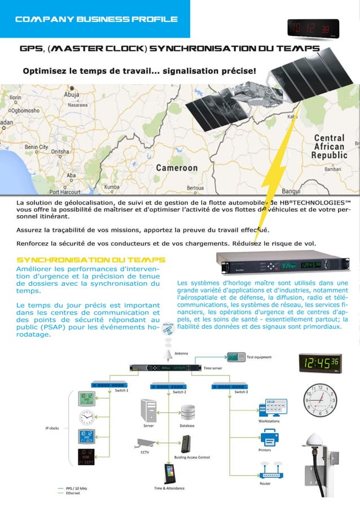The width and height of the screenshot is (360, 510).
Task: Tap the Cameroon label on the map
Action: pyautogui.click(x=177, y=168)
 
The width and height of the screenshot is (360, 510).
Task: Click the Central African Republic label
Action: pyautogui.click(x=330, y=146)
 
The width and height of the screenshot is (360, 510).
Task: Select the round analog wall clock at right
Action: pyautogui.click(x=319, y=399)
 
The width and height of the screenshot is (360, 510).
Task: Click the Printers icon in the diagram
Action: pyautogui.click(x=269, y=437)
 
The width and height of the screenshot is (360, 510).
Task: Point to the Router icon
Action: pyautogui.click(x=269, y=470)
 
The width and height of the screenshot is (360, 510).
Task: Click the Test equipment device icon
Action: pyautogui.click(x=236, y=357)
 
